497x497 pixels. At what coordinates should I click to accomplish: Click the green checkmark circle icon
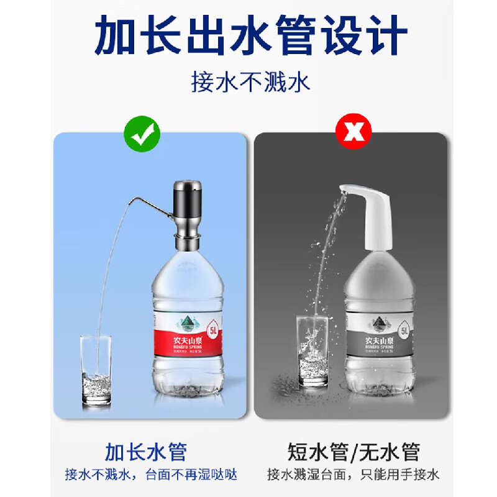[142, 132]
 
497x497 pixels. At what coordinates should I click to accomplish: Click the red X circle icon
[353, 132]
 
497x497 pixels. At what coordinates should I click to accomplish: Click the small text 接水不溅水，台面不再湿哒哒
[151, 475]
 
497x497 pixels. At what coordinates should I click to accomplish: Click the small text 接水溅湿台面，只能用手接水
[353, 475]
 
